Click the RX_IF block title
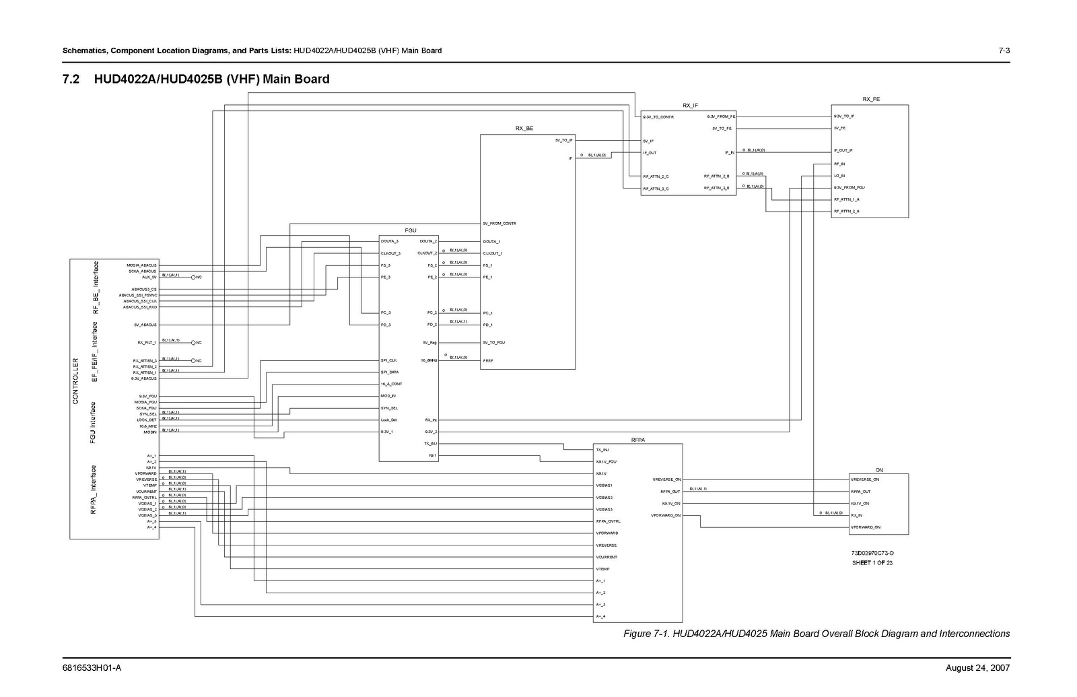(690, 105)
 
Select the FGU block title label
(410, 230)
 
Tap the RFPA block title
(638, 439)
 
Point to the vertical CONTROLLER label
(75, 381)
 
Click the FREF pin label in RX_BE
(488, 361)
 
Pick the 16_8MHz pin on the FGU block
(429, 361)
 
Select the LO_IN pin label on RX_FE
(839, 176)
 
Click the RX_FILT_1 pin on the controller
(146, 343)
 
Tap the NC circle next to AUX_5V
(193, 277)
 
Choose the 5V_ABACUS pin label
(145, 325)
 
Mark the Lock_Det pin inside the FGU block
(388, 420)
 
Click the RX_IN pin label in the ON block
(856, 515)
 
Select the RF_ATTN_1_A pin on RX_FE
(846, 199)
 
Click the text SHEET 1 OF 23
(872, 563)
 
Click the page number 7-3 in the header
(1004, 51)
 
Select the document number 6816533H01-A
(92, 668)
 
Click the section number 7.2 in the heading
(71, 79)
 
